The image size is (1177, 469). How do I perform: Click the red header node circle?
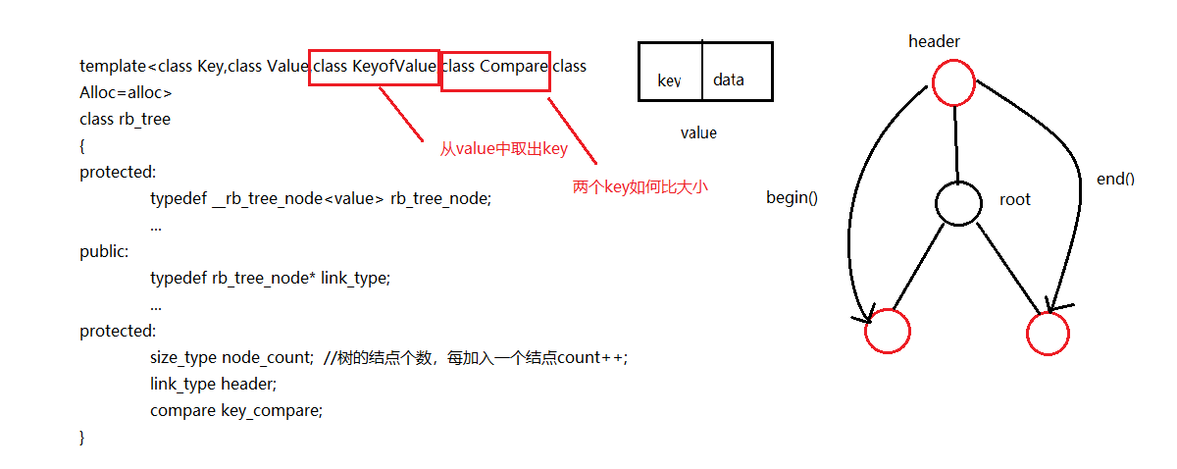click(953, 82)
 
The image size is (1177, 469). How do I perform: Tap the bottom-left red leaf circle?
click(888, 331)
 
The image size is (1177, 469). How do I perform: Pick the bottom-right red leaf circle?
click(1048, 334)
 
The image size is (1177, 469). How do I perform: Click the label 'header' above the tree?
click(934, 41)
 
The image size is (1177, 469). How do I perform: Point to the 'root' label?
click(1015, 199)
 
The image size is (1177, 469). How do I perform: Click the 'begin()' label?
click(792, 197)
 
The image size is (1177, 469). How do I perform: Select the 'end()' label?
click(1115, 179)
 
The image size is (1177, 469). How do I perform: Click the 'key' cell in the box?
click(670, 80)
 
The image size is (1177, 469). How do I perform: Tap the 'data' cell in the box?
click(729, 80)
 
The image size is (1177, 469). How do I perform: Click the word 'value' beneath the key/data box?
click(698, 132)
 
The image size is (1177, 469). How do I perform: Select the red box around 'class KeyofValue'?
click(374, 67)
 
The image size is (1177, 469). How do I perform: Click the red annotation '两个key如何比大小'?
click(640, 186)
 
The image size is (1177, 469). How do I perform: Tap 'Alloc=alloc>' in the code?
click(126, 93)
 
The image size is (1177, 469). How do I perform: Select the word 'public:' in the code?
click(104, 251)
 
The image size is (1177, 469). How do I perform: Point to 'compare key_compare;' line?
click(236, 410)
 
